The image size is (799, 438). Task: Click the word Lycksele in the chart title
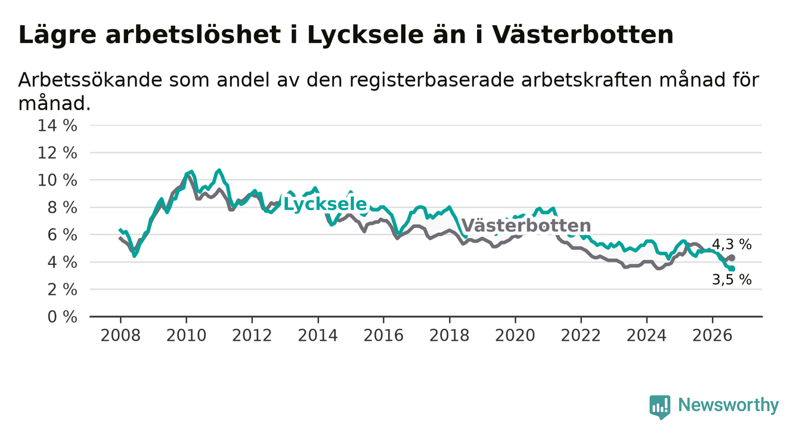pyautogui.click(x=366, y=35)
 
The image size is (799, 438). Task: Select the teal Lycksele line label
pyautogui.click(x=325, y=204)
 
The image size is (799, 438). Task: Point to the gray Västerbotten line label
pyautogui.click(x=526, y=225)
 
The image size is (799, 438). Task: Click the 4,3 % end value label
pyautogui.click(x=732, y=245)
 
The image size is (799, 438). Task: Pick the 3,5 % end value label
pyautogui.click(x=732, y=279)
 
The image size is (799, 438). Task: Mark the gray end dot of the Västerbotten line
pyautogui.click(x=732, y=258)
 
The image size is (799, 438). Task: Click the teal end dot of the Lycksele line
pyautogui.click(x=732, y=269)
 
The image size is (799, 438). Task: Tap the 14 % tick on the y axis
pyautogui.click(x=57, y=126)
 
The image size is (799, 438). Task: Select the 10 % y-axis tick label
pyautogui.click(x=57, y=180)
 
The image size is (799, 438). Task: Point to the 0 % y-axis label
pyautogui.click(x=63, y=317)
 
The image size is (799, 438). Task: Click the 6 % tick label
pyautogui.click(x=63, y=235)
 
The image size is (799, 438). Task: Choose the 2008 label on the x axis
pyautogui.click(x=120, y=335)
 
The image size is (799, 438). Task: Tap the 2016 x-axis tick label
pyautogui.click(x=383, y=335)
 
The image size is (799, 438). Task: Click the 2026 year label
pyautogui.click(x=713, y=335)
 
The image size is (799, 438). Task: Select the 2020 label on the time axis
pyautogui.click(x=515, y=335)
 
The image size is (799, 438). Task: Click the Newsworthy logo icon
pyautogui.click(x=660, y=407)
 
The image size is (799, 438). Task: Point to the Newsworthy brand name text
pyautogui.click(x=729, y=405)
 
